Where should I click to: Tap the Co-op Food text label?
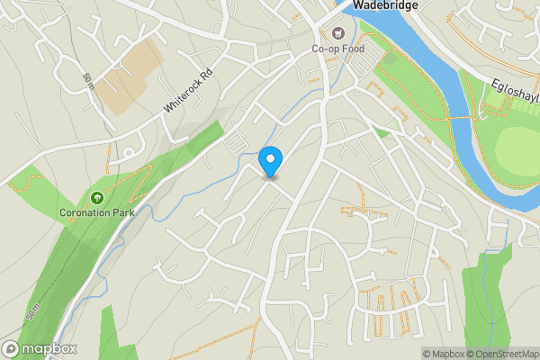[x=338, y=49]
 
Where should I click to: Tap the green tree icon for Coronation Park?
[x=95, y=198]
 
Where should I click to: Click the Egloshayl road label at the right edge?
[x=516, y=90]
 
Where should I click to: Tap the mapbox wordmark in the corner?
[x=49, y=348]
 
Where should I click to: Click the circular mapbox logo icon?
[x=11, y=348]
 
